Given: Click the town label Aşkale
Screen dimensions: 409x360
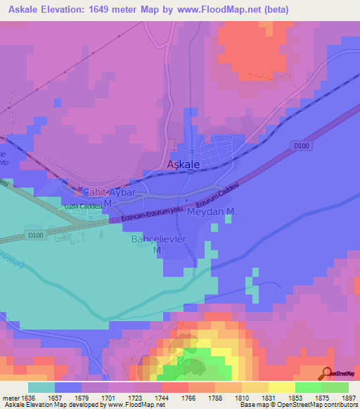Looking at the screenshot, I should pyautogui.click(x=184, y=164).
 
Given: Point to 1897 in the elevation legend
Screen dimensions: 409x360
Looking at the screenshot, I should pyautogui.click(x=347, y=398).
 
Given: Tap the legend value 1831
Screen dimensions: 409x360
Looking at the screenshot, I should pyautogui.click(x=268, y=398).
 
